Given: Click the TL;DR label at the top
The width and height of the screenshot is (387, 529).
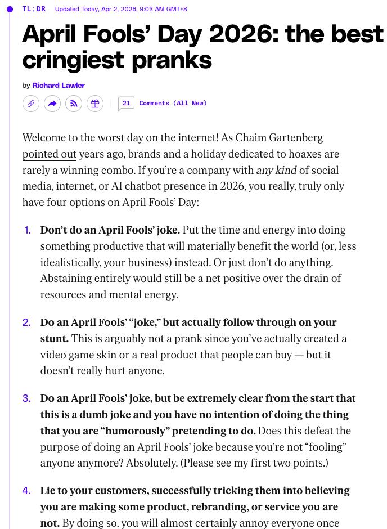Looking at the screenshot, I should [34, 9].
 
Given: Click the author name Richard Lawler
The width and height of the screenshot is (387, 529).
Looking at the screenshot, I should [58, 86].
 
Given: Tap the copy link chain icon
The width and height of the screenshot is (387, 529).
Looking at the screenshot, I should [31, 104].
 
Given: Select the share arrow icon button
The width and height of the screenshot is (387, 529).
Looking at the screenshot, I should [52, 104].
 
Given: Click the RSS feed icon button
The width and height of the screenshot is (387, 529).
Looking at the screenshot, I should [74, 104].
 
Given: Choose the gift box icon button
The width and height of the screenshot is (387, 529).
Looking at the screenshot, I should [95, 104].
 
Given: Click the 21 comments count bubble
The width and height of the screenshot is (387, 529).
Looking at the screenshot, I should [126, 103].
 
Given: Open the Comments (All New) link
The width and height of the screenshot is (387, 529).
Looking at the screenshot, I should [173, 103].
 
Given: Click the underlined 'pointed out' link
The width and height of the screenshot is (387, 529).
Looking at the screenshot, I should [49, 154].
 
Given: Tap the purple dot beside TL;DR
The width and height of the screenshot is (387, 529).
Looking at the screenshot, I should [10, 9].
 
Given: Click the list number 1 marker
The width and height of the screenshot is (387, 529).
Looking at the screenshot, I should [28, 230].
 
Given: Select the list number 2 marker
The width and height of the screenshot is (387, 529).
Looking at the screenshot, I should [26, 322].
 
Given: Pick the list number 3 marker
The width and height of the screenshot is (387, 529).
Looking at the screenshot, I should [26, 398].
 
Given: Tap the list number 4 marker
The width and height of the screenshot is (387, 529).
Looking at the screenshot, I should [26, 491].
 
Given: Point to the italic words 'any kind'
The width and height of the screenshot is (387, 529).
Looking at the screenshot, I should [276, 171].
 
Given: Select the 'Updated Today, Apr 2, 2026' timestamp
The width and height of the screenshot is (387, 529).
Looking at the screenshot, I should [121, 9].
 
